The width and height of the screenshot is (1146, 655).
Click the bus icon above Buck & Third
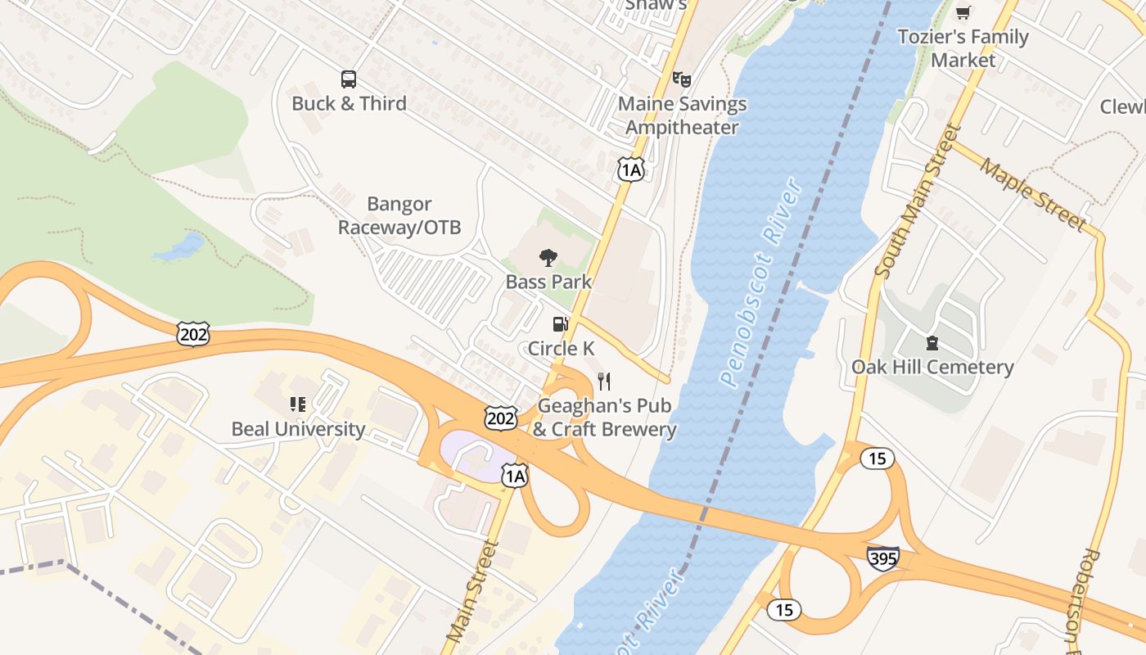[x=349, y=79]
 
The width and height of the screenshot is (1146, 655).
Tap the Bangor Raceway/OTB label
[x=399, y=215]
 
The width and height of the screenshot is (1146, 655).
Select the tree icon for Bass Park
[x=548, y=259]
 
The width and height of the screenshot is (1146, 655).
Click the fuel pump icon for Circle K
[x=560, y=324]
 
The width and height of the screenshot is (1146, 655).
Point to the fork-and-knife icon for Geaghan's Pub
[x=604, y=381]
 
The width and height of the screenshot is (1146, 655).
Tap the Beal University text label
[x=298, y=429]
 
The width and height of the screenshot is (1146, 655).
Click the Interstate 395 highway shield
[x=883, y=558]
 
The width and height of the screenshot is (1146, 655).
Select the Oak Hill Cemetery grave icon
[x=932, y=342]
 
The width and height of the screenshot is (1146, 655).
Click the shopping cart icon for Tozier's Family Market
[x=963, y=12]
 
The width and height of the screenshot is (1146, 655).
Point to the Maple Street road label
[x=1033, y=193]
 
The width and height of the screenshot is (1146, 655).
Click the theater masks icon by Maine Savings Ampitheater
[x=681, y=79]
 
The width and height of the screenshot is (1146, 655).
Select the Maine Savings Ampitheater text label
[x=682, y=115]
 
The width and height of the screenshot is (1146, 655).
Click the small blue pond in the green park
[x=181, y=246]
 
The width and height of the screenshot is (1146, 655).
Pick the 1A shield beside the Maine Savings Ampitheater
[x=630, y=169]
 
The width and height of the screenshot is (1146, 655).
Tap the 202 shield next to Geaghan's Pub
[x=500, y=418]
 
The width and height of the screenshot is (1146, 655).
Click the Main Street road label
[x=472, y=590]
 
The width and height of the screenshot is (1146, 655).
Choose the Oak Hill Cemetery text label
[x=932, y=367]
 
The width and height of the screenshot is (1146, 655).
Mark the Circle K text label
[x=561, y=348]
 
